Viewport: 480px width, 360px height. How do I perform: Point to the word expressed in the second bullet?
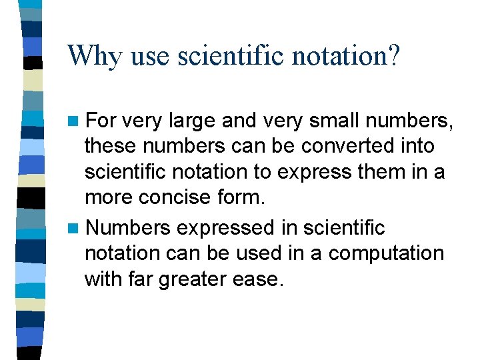[x=221, y=228]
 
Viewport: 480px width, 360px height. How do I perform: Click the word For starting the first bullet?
[x=101, y=121]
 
